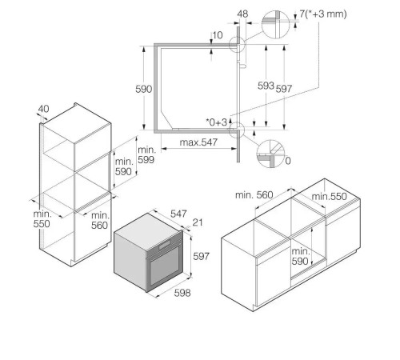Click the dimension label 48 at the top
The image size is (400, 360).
(x=242, y=14)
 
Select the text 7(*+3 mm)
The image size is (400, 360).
(x=323, y=14)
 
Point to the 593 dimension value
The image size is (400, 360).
(x=266, y=86)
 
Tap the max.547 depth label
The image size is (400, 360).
(x=198, y=142)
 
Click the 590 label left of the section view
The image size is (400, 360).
(x=144, y=89)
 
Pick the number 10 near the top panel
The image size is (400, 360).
(x=218, y=35)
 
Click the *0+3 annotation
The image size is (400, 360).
(x=216, y=122)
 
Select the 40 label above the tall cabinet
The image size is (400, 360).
(x=43, y=109)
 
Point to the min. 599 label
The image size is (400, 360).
(x=146, y=154)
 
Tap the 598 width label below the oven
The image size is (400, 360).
(x=182, y=293)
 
